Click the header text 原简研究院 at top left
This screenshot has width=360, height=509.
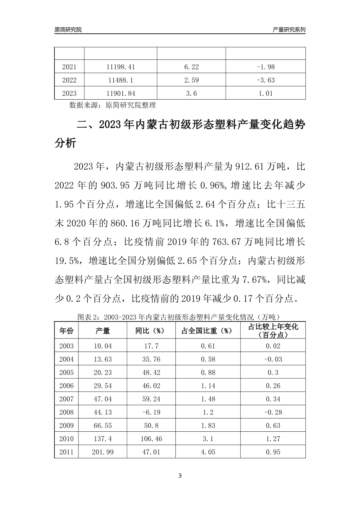point(68,30)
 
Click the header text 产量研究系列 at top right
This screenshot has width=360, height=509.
point(289,30)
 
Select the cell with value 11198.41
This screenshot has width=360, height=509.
point(121,67)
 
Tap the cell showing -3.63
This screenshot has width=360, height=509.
point(265,80)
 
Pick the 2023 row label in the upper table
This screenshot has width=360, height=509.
point(69,94)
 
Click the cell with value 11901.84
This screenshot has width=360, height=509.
point(121,94)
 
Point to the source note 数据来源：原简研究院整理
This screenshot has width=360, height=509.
point(113,105)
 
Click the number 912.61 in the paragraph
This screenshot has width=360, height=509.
point(249,166)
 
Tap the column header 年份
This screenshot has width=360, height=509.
point(66,331)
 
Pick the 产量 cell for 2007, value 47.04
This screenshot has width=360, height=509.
point(103,399)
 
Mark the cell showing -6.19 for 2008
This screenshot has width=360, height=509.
point(151,412)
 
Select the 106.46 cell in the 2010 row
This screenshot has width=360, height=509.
point(151,439)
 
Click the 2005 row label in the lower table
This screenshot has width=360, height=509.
point(66,372)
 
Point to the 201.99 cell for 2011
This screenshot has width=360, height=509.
point(103,452)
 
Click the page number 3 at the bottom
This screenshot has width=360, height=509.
point(180,476)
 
